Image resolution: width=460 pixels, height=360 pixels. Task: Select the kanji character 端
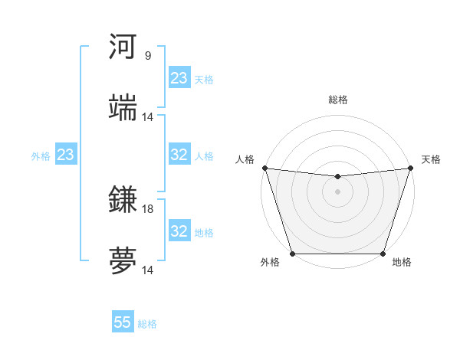pyautogui.click(x=123, y=108)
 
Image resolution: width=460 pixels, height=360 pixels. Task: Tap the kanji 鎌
pyautogui.click(x=123, y=200)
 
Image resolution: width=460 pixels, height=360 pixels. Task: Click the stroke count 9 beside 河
pyautogui.click(x=148, y=56)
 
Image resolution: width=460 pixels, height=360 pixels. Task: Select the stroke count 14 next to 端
pyautogui.click(x=148, y=117)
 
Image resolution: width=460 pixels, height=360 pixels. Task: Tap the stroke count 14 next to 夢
pyautogui.click(x=148, y=270)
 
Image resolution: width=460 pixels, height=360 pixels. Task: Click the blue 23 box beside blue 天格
pyautogui.click(x=179, y=78)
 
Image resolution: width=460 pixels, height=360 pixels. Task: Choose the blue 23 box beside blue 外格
pyautogui.click(x=66, y=155)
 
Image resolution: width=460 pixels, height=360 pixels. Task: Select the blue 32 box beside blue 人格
pyautogui.click(x=179, y=155)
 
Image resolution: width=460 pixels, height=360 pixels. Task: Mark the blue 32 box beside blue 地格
pyautogui.click(x=179, y=231)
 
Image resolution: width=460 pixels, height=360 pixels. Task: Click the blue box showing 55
pyautogui.click(x=123, y=322)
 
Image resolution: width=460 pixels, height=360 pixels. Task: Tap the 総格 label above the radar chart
pyautogui.click(x=337, y=100)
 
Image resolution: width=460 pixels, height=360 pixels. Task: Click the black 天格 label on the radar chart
pyautogui.click(x=431, y=159)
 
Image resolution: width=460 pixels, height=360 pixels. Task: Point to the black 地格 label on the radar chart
pyautogui.click(x=402, y=263)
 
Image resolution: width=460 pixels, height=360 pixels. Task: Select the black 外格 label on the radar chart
pyautogui.click(x=270, y=263)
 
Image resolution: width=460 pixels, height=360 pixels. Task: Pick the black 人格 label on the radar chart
pyautogui.click(x=245, y=159)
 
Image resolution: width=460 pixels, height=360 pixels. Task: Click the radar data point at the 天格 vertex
pyautogui.click(x=410, y=168)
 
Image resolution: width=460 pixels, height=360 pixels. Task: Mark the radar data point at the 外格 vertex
pyautogui.click(x=292, y=253)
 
